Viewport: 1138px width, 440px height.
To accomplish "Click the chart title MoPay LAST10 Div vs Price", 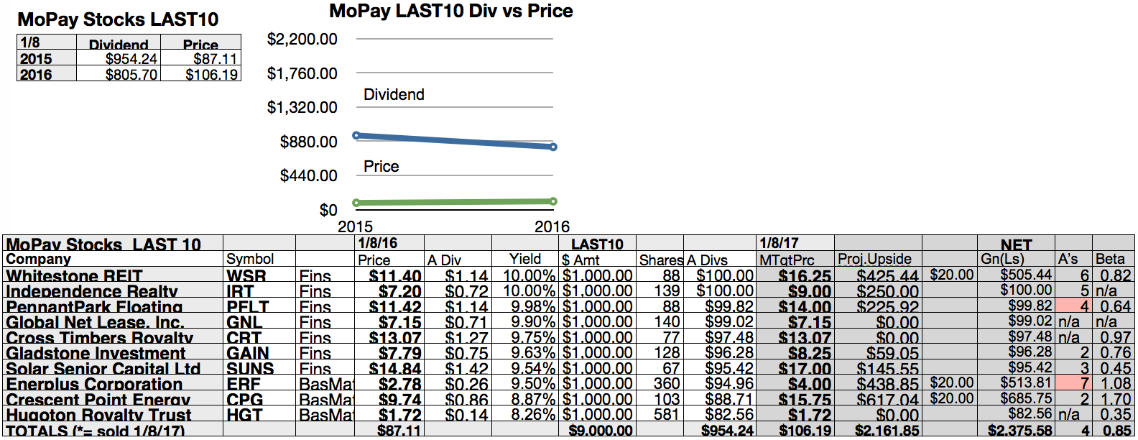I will pos(450,12).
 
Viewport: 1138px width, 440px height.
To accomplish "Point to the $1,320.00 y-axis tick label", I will pos(302,108).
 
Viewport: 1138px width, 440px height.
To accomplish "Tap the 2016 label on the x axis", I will pos(552,226).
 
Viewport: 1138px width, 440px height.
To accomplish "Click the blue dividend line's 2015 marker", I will pos(356,135).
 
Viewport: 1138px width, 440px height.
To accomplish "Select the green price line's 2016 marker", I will pos(553,201).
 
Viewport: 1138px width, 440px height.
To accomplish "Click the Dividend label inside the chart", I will pos(394,95).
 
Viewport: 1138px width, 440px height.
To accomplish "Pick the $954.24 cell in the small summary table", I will pos(131,59).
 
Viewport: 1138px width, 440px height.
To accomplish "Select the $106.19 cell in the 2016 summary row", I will pos(211,74).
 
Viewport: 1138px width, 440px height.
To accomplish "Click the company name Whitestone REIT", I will pos(74,276).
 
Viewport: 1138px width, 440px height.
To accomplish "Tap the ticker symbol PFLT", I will pos(247,307).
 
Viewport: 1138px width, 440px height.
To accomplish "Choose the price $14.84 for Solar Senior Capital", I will pos(395,369).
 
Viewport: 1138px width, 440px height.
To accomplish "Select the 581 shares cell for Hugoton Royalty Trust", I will pos(666,415).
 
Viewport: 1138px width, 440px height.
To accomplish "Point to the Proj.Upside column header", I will pos(874,259).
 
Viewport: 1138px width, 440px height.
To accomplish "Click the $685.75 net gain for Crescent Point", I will pos(1026,398).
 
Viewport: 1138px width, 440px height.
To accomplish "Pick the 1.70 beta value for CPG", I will pos(1116,399).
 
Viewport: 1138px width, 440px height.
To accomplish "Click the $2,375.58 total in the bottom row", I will pos(1020,431).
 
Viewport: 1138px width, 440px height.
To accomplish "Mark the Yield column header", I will pos(525,259).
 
